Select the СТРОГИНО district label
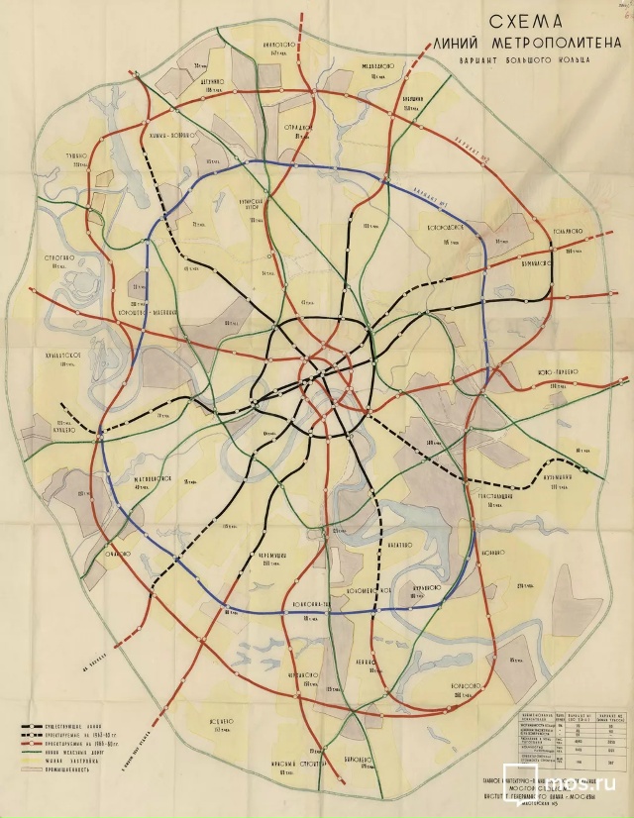[x=61, y=258]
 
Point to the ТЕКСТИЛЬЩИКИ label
[x=492, y=495]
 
